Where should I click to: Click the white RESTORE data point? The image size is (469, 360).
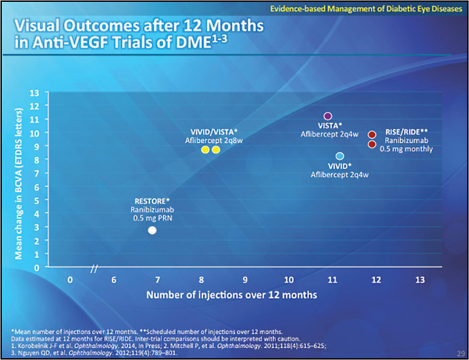[x=152, y=230]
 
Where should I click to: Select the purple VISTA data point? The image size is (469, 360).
[x=328, y=116]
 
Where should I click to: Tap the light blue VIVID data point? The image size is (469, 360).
[x=340, y=156]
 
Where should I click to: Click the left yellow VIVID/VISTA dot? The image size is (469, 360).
[x=205, y=149]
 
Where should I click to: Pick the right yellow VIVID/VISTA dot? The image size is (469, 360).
[x=216, y=149]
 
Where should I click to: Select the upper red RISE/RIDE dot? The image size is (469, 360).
[x=372, y=135]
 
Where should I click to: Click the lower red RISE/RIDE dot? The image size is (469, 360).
[x=372, y=144]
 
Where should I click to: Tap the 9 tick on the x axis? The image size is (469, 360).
[x=245, y=280]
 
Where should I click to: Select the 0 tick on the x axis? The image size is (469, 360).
[x=70, y=280]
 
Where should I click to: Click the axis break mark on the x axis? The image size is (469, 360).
[x=94, y=269]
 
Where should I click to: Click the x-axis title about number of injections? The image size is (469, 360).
[x=232, y=295]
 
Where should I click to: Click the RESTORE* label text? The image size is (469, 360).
[x=152, y=201]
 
